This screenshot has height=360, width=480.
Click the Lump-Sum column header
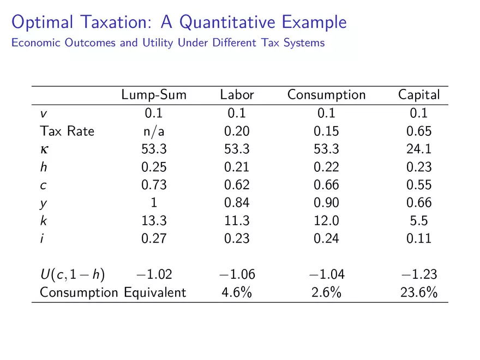tap(154, 95)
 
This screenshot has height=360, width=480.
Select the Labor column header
tap(237, 95)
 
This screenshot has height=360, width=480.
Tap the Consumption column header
tap(326, 95)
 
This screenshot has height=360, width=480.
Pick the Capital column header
tap(418, 95)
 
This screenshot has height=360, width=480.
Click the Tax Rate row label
tap(67, 131)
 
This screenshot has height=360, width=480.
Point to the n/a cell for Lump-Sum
tap(154, 131)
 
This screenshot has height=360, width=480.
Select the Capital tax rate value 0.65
tap(418, 131)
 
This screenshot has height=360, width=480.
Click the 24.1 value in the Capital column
tap(418, 149)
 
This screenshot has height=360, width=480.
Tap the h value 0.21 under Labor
tap(237, 167)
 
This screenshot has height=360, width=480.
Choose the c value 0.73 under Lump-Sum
tap(154, 185)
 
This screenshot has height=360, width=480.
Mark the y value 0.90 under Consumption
tap(326, 203)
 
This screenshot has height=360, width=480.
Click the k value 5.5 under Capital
tap(418, 221)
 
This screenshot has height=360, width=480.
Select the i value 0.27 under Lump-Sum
tap(154, 238)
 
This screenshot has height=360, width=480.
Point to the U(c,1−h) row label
tap(72, 275)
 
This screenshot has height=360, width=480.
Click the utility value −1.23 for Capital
tap(418, 275)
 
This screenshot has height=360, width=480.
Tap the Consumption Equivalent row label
tap(112, 292)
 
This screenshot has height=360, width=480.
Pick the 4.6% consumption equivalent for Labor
tap(237, 292)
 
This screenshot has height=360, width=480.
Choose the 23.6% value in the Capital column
tap(418, 292)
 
